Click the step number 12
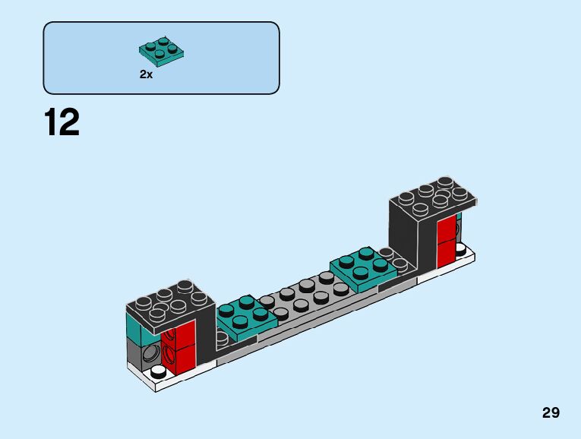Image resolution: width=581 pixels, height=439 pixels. tap(62, 122)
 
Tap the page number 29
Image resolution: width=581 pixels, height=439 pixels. tap(551, 413)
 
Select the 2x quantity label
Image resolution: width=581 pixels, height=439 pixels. tap(146, 74)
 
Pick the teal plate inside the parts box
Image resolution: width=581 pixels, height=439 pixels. tap(163, 50)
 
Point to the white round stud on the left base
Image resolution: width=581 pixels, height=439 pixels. tap(159, 372)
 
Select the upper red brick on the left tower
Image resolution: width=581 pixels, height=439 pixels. tap(178, 332)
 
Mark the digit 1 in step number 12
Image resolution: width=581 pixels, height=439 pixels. tap(51, 122)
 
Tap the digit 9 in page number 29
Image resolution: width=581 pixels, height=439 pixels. tap(556, 413)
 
